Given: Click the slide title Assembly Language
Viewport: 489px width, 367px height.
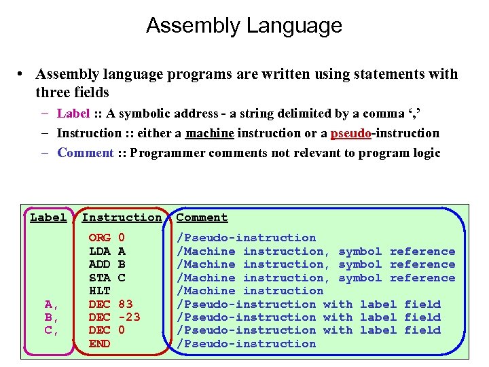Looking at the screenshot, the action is [x=244, y=26].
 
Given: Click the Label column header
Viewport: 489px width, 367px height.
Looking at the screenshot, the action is [x=48, y=217].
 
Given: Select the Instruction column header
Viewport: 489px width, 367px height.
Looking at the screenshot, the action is [x=122, y=217].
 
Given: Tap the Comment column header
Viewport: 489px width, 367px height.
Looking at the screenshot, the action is [x=202, y=217].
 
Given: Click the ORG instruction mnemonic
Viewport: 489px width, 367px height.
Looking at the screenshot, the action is [x=100, y=238].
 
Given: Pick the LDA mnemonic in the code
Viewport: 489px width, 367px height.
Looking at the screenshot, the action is [x=100, y=251].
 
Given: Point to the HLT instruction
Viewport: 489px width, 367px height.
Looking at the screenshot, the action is [x=100, y=291].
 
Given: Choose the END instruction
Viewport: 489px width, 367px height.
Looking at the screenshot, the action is [x=100, y=344].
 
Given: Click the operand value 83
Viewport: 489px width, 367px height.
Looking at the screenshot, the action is [x=125, y=304].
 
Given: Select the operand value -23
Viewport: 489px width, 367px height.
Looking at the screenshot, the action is [x=129, y=317].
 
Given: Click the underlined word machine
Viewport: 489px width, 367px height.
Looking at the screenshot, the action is [x=209, y=133].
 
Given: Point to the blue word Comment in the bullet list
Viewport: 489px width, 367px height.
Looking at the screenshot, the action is [x=85, y=153].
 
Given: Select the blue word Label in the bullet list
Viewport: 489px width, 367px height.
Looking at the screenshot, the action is [x=73, y=113].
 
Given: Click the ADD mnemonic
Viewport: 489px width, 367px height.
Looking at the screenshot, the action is [x=100, y=264].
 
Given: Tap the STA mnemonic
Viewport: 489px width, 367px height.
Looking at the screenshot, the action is [x=100, y=278].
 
